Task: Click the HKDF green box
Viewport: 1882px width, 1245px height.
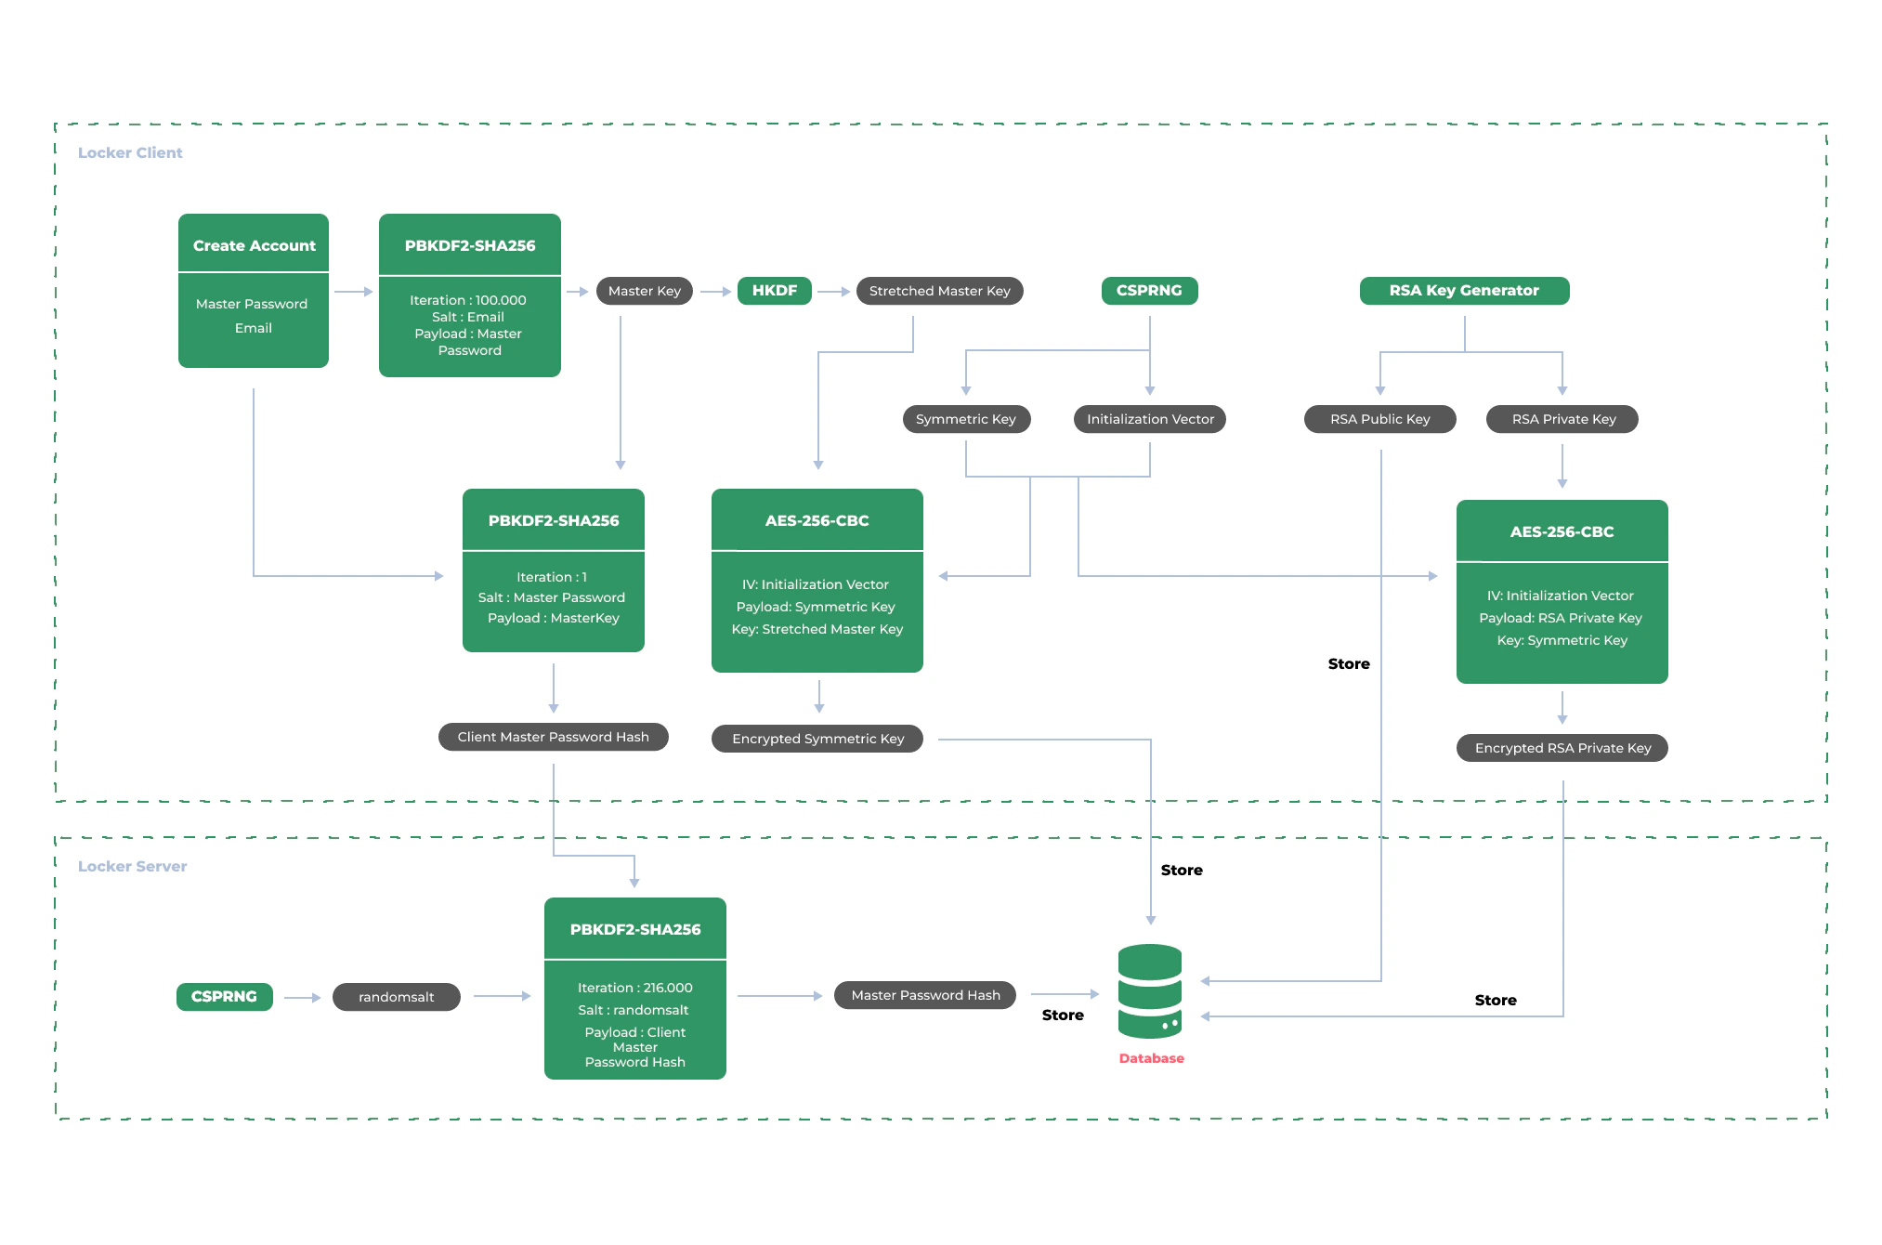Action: pos(774,291)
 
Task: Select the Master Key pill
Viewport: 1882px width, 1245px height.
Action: pos(644,291)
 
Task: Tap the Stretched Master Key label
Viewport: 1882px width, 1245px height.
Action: pos(939,291)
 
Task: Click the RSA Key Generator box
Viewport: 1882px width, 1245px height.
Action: pos(1464,291)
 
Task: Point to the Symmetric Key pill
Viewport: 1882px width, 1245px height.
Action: pos(965,419)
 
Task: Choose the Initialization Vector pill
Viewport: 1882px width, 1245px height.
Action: pos(1150,419)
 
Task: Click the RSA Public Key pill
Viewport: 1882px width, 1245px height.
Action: pos(1379,419)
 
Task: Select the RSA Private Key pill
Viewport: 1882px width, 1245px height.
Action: pos(1562,419)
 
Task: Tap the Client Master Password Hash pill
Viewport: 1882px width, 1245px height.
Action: pos(553,737)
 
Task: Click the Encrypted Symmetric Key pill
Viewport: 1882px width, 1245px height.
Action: pos(817,739)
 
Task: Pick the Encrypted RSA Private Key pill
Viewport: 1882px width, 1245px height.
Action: pos(1562,748)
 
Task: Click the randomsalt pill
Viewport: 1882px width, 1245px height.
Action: pos(397,997)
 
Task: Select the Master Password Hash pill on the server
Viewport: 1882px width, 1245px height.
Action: pos(925,995)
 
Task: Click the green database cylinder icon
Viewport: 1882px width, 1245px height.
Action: pos(1150,991)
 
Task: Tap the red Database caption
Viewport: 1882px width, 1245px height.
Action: pos(1151,1058)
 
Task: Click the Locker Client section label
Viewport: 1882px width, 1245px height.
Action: pos(130,152)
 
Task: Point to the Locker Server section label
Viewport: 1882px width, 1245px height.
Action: pos(132,866)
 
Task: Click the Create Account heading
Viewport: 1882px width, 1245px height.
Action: pos(254,245)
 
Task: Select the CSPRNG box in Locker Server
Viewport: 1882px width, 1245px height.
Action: pos(224,997)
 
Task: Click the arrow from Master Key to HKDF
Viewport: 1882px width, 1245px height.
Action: pos(715,292)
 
